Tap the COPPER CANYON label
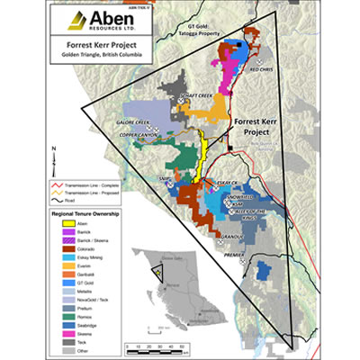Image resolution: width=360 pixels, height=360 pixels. pyautogui.click(x=145, y=132)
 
